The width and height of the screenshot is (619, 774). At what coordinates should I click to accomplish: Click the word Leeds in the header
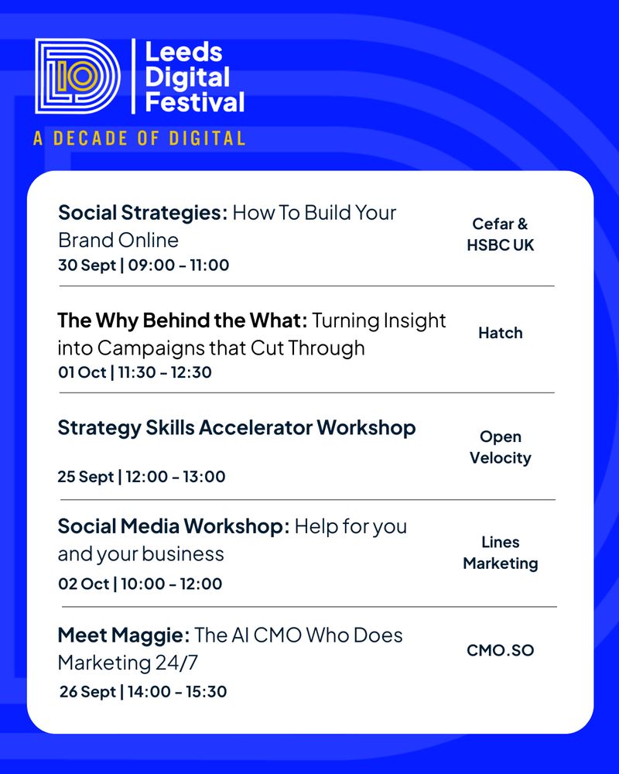pos(183,52)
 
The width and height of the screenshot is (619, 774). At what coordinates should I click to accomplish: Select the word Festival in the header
pos(195,102)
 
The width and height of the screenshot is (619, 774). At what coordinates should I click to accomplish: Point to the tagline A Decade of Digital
pos(139,139)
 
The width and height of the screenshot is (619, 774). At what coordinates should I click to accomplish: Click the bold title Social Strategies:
pos(142,214)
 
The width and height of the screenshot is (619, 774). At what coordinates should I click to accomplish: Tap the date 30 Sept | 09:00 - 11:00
pos(144,265)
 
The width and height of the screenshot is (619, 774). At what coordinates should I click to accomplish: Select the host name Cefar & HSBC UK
pos(501,235)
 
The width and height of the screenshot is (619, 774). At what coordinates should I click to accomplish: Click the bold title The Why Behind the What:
pos(182,321)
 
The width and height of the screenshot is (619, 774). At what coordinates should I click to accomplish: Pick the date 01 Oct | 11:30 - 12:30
pos(135,372)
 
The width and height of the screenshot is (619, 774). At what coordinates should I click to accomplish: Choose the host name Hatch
pos(501,333)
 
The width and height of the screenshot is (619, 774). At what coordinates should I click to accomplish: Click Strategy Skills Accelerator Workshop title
pos(237,428)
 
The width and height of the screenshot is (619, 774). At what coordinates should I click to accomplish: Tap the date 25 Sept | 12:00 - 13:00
pos(142,477)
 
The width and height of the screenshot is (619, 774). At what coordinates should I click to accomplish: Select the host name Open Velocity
pos(501,447)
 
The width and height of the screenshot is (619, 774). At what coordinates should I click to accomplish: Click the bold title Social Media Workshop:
pos(174,526)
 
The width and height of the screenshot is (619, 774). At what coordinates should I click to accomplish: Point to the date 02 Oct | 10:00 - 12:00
pos(140,584)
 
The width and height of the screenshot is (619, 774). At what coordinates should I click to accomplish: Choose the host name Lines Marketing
pos(501,553)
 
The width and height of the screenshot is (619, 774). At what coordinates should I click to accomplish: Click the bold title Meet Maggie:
pos(123,635)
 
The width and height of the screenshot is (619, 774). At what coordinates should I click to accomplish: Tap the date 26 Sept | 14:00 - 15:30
pos(143,691)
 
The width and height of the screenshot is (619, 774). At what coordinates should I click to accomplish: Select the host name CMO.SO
pos(501,651)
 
